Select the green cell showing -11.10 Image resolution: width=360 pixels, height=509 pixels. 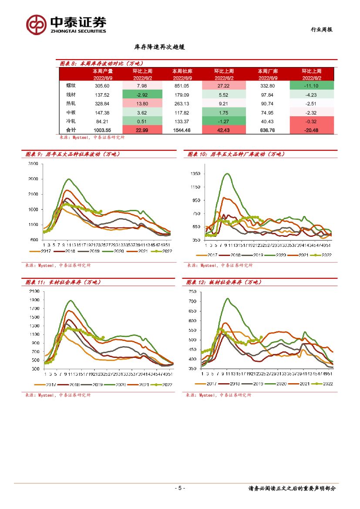point(311,86)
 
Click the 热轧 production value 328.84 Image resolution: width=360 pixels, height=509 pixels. point(102,104)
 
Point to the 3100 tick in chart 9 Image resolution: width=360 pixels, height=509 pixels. point(34,164)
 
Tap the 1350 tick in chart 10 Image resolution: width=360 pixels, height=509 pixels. point(195,174)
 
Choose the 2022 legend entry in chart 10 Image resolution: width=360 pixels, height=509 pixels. point(324,255)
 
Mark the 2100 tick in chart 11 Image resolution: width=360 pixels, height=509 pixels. point(34,291)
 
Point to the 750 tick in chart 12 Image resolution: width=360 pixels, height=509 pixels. point(192,291)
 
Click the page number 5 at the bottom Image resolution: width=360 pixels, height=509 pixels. point(180,488)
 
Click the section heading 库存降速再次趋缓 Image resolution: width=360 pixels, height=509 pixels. point(160,47)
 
